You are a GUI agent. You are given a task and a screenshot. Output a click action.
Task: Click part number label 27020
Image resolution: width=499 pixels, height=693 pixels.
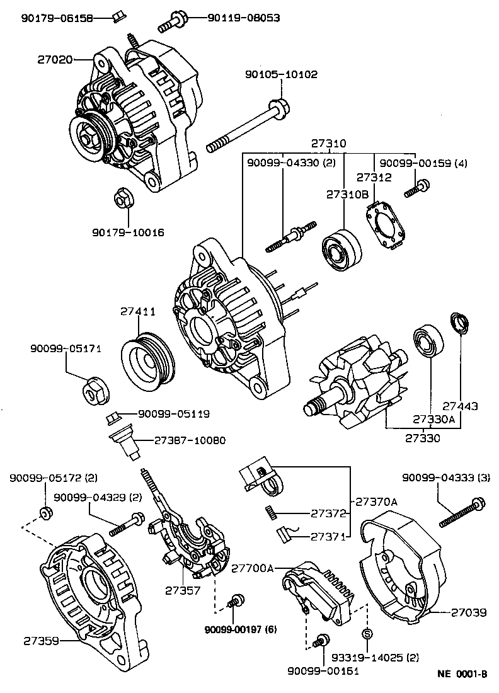(x=54, y=60)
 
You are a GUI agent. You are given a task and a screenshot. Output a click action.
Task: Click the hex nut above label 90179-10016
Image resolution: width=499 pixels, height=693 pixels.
(x=123, y=199)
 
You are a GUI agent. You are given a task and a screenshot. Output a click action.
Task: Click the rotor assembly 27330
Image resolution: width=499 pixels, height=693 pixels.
(x=353, y=387)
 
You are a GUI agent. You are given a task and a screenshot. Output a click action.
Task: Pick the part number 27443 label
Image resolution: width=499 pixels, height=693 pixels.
(x=459, y=407)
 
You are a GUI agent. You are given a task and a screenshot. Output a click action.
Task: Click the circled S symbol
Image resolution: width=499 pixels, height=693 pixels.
(x=368, y=633)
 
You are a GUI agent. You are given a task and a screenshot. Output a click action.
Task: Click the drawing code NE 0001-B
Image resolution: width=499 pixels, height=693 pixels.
(x=462, y=673)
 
